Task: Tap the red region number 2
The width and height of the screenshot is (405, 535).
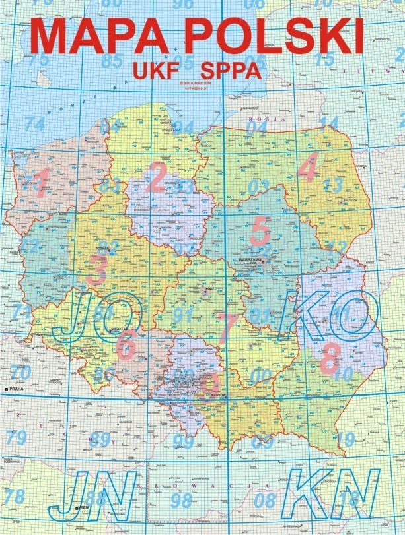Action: click(157, 177)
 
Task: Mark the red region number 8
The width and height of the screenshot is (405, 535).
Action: click(329, 359)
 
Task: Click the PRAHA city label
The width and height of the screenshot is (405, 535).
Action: click(17, 391)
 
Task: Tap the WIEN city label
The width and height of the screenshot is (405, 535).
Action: click(83, 507)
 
